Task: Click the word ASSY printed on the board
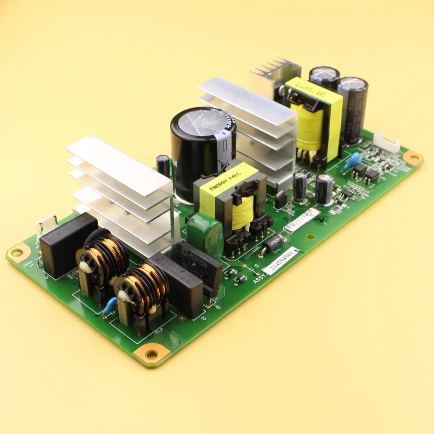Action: click(x=260, y=277)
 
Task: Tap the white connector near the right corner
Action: click(x=386, y=143)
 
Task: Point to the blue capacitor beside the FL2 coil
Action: click(x=109, y=306)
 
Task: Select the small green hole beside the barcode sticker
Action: click(x=309, y=237)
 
